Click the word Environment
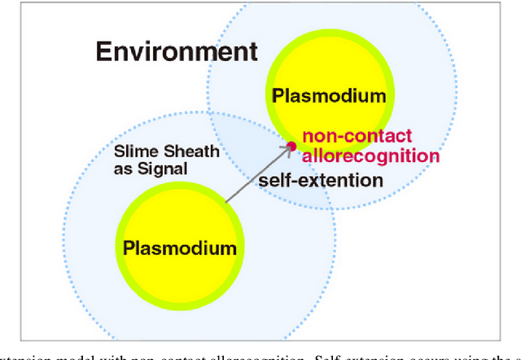(x=177, y=51)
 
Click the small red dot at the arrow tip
(x=291, y=147)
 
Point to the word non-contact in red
(x=357, y=137)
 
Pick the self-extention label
(x=320, y=180)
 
